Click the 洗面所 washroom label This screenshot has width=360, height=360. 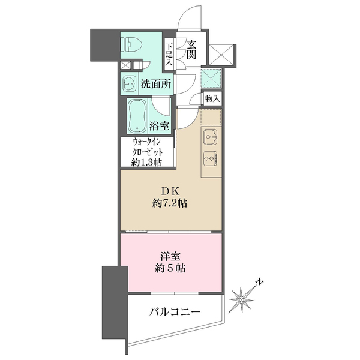(158, 84)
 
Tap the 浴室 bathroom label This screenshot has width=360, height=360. (159, 126)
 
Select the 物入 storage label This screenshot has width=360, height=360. (212, 98)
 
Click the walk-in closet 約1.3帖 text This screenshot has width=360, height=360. (146, 162)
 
